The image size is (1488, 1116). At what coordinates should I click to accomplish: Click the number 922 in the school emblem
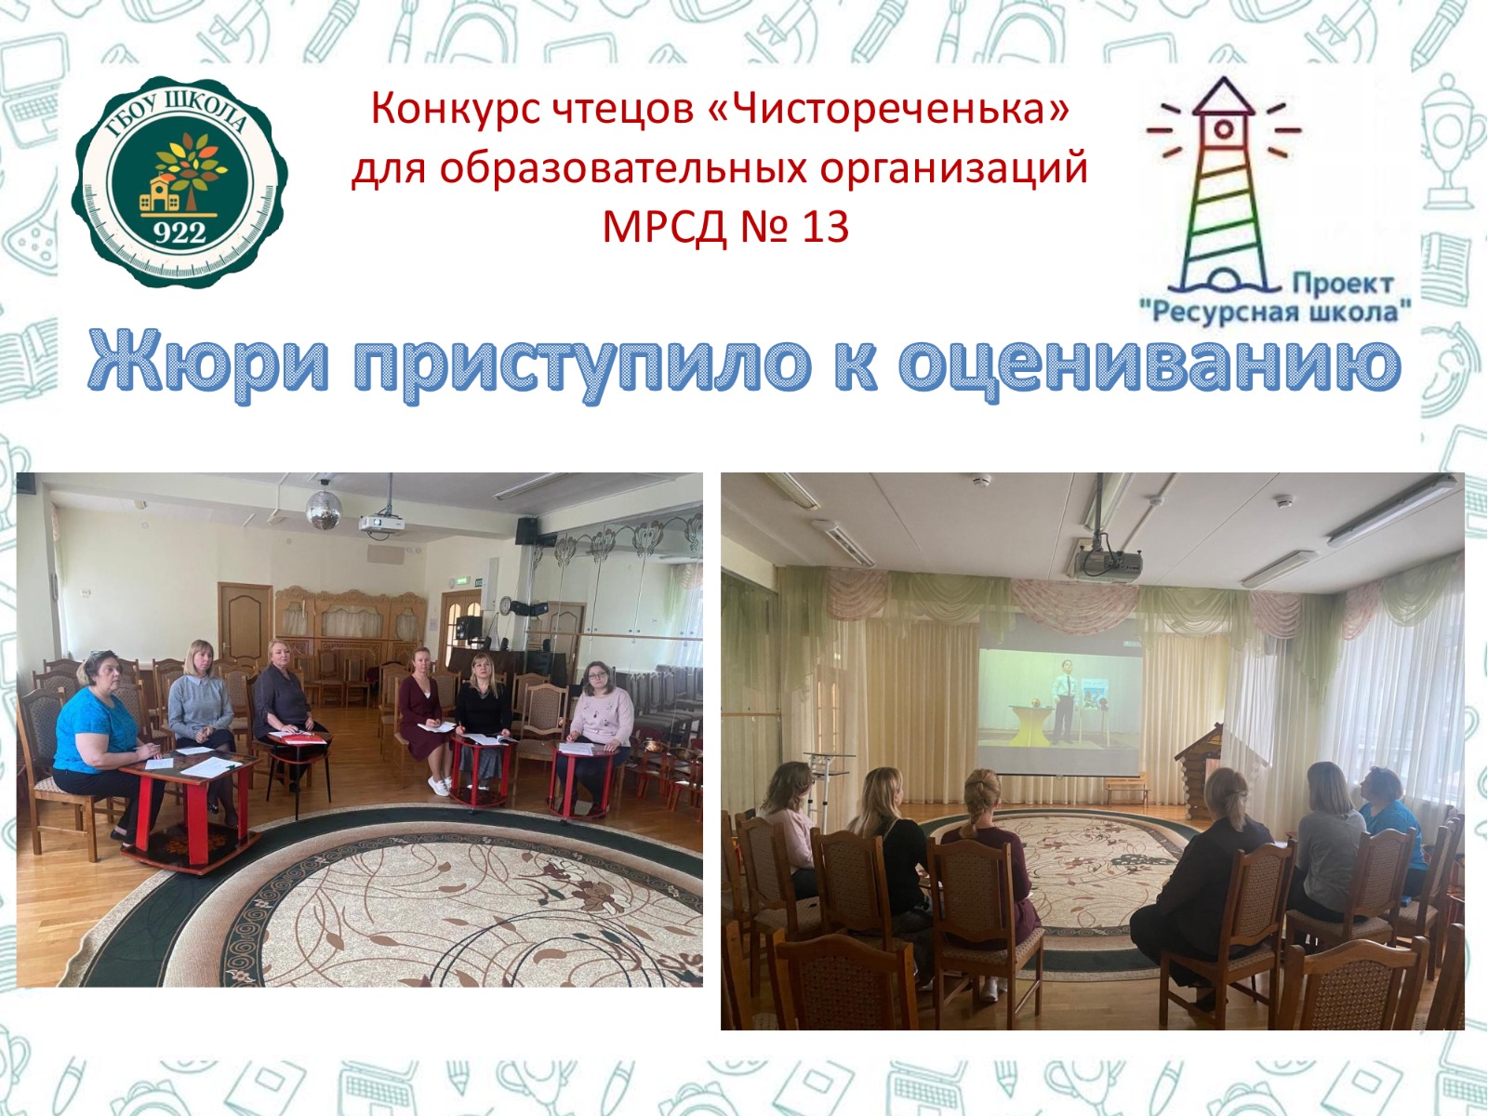179,233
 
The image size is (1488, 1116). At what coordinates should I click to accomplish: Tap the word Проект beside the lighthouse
1343,284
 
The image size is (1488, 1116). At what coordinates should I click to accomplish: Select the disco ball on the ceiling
324,508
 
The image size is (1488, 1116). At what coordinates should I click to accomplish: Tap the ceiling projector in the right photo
1109,563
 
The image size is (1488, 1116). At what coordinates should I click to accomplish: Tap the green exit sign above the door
467,580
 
